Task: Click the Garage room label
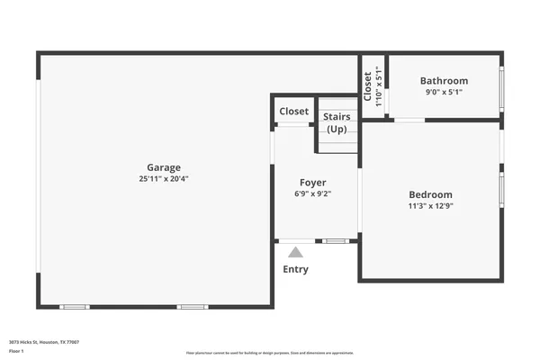pyautogui.click(x=164, y=167)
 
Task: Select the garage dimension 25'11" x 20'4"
pyautogui.click(x=164, y=179)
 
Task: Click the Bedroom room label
pyautogui.click(x=430, y=194)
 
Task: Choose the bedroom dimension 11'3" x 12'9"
pyautogui.click(x=430, y=206)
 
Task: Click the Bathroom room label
pyautogui.click(x=444, y=81)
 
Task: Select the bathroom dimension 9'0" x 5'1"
pyautogui.click(x=444, y=92)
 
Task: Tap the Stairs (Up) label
pyautogui.click(x=337, y=123)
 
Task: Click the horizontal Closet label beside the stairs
pyautogui.click(x=293, y=112)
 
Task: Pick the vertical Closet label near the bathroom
pyautogui.click(x=367, y=86)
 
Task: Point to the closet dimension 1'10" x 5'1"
pyautogui.click(x=379, y=86)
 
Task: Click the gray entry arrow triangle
pyautogui.click(x=295, y=253)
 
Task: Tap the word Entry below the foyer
pyautogui.click(x=295, y=269)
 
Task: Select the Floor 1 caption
pyautogui.click(x=16, y=352)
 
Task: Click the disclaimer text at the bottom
pyautogui.click(x=270, y=353)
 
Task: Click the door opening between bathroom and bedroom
pyautogui.click(x=409, y=120)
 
